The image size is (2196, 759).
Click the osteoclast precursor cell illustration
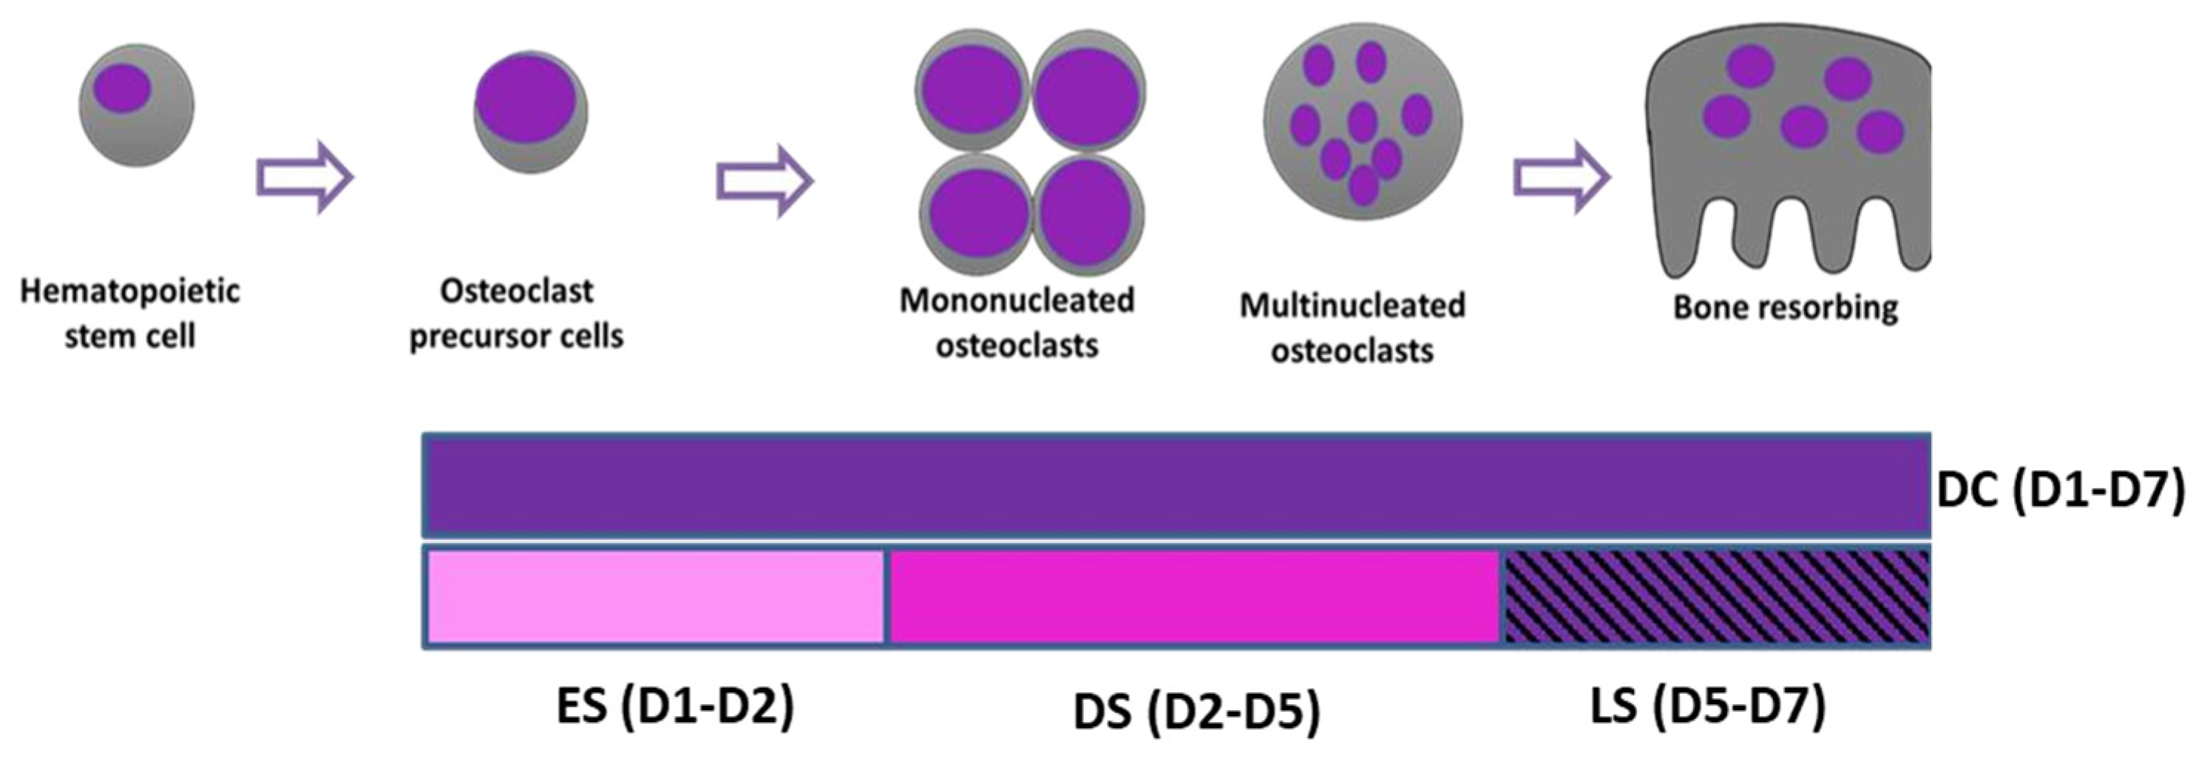coord(530,111)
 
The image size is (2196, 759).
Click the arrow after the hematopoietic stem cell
coord(305,177)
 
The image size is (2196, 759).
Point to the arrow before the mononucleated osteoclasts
coord(765,181)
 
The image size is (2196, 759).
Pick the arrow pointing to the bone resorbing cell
coord(1562,177)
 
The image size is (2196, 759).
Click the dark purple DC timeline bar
coord(1176,485)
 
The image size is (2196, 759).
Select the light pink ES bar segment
coord(654,596)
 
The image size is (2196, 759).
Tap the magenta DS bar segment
coord(1193,596)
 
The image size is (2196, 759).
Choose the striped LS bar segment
coord(1715,596)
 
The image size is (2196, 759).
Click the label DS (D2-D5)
coord(1195,711)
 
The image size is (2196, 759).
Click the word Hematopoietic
coord(129,291)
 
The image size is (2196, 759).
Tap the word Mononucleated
coord(1016,300)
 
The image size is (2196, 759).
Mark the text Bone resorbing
coord(1785,307)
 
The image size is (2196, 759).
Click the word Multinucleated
coord(1352,306)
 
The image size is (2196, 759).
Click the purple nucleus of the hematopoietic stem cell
coord(122,89)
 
